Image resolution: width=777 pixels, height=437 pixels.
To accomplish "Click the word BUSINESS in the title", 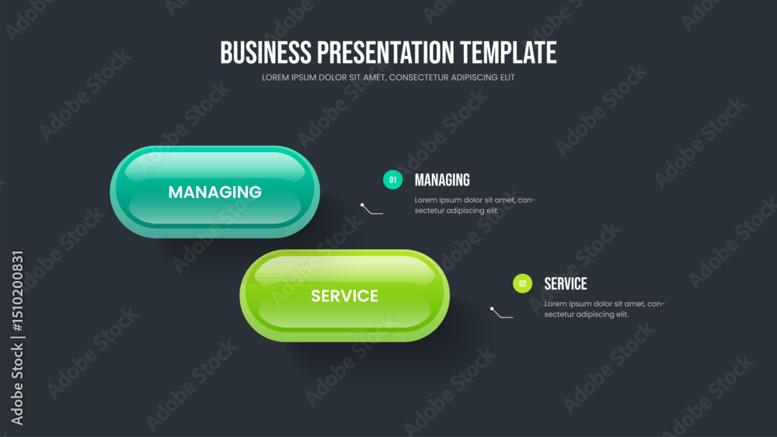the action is coord(266,53).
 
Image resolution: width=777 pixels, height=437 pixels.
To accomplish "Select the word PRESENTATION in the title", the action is coord(385,53).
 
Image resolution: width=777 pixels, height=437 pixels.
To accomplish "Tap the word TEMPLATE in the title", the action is coord(508,53).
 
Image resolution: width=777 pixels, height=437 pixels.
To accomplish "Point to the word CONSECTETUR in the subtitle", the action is coord(419,78).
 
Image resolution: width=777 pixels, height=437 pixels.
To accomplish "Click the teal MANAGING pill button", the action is coord(215,192).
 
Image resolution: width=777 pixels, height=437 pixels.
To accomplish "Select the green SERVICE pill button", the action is coord(345,296).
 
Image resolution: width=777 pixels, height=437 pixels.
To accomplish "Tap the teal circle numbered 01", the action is coord(393,179).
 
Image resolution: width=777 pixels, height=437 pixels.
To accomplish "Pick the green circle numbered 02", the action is coord(522,283).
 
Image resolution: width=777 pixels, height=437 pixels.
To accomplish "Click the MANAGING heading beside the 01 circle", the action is coord(442,180).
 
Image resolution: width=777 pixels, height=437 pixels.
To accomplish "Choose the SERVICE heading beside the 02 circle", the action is coord(566,284).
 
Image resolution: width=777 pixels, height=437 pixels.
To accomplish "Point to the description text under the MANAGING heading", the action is coord(475,206).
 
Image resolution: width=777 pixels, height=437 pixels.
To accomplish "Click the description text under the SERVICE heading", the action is coord(605,309).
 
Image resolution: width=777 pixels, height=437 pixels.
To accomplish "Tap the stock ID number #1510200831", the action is coord(17,291).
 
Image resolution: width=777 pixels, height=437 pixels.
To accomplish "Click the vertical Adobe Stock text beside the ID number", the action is coord(17,384).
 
